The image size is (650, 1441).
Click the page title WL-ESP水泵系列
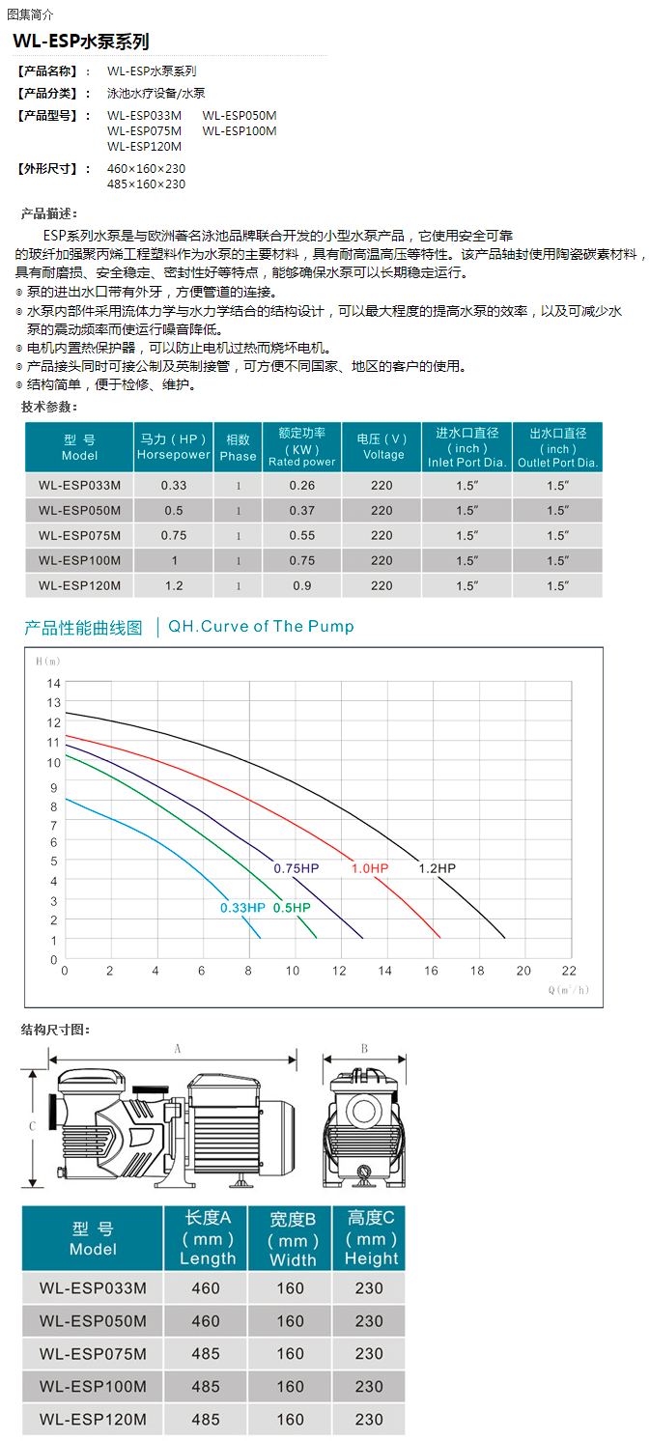tap(80, 42)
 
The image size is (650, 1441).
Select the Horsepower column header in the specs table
tap(173, 446)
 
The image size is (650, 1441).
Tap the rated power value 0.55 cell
tap(301, 535)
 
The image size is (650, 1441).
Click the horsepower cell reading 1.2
tap(173, 585)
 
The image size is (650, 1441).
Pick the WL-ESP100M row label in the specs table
tap(79, 560)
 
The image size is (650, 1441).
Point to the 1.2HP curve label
tap(437, 868)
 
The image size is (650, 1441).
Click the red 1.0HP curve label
tap(369, 868)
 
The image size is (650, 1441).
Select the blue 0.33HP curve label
tap(241, 907)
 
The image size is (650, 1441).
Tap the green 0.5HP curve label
tap(292, 907)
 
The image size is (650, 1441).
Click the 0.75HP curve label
tap(296, 868)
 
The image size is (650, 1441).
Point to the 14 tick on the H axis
tap(54, 683)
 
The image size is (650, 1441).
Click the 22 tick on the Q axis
tap(568, 970)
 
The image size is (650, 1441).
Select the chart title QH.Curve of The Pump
tap(261, 627)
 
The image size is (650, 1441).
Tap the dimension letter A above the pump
tap(177, 1048)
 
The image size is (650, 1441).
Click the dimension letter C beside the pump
tap(31, 1126)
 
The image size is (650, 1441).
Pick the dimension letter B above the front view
tap(364, 1048)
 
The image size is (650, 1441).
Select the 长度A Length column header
tap(206, 1238)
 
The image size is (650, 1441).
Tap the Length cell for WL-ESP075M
tap(206, 1353)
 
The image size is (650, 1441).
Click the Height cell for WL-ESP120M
tap(368, 1420)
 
